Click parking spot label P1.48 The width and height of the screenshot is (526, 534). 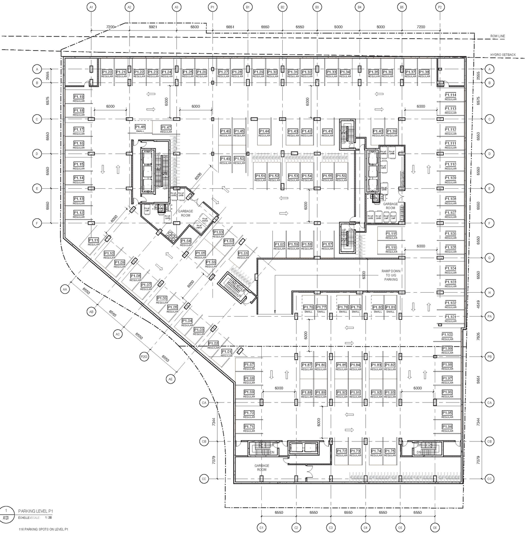140,127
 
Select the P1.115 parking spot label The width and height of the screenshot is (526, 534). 391,233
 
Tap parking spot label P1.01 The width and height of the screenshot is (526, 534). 226,351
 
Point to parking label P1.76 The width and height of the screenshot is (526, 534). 308,307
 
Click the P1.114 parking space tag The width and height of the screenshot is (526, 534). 450,95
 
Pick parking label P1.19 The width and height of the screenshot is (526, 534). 78,97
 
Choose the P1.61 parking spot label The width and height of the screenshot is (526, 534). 243,254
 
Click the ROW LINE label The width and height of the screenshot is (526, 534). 497,36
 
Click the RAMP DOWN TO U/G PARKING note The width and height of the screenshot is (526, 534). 391,275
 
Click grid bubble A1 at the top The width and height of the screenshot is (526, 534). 91,7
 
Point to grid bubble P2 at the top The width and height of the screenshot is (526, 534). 440,7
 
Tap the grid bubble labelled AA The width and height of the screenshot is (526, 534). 65,289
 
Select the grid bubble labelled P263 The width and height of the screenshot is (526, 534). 144,356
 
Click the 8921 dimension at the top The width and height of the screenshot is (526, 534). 152,27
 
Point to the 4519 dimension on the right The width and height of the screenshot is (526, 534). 478,304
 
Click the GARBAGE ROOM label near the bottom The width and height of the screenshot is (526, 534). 262,467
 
